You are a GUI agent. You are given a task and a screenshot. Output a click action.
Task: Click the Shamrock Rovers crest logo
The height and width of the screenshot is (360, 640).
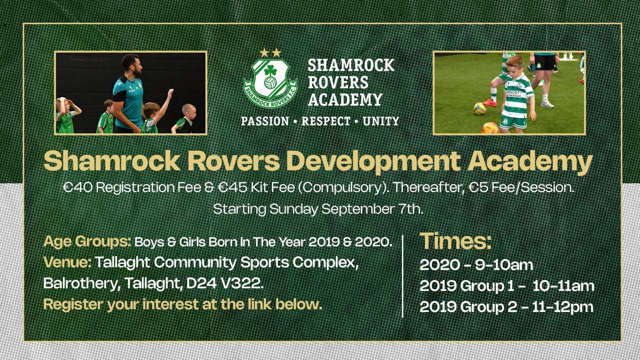(270, 83)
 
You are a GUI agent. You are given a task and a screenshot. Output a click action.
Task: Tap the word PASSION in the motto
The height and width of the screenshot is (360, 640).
(265, 121)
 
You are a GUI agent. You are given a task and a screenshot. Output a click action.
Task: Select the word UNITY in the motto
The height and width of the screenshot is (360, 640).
(381, 121)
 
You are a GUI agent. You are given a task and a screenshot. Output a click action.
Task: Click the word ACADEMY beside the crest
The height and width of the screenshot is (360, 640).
(345, 100)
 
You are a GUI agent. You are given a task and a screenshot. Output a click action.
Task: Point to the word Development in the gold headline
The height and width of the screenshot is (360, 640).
(374, 162)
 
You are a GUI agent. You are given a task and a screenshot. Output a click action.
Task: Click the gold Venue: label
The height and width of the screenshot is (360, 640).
(68, 262)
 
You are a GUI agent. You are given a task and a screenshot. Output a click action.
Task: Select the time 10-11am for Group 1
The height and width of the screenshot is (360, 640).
(563, 286)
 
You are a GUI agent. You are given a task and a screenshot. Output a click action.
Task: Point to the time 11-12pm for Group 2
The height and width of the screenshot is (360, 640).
(562, 307)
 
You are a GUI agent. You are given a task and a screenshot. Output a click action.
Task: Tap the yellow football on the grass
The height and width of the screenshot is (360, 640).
(480, 109)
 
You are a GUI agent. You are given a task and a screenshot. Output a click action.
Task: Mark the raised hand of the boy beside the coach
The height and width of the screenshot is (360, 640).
(170, 93)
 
